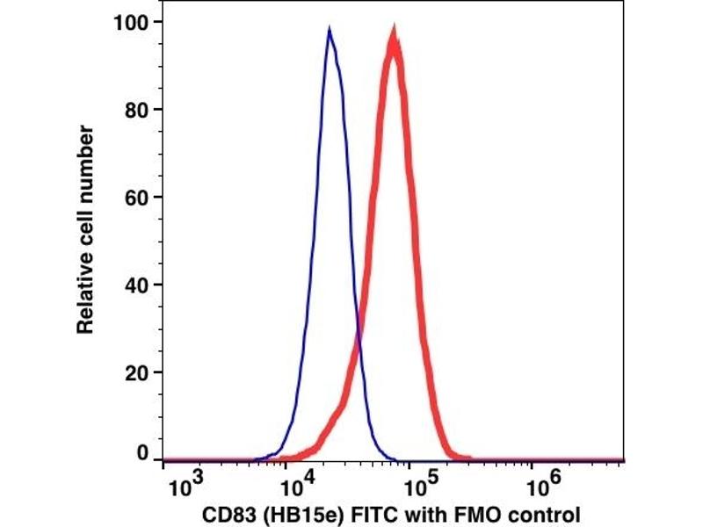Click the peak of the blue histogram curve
point(329,30)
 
